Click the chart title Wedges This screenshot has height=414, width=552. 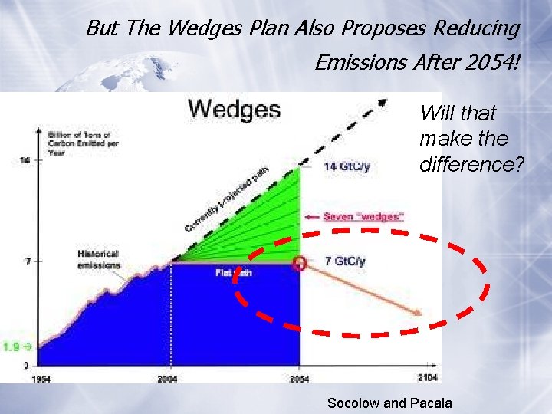[235, 109]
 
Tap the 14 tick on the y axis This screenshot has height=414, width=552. [25, 159]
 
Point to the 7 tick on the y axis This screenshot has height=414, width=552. [27, 261]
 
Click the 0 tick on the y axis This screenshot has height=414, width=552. [27, 365]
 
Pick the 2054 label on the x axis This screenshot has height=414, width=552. [299, 379]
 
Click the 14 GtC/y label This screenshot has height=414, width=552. [346, 167]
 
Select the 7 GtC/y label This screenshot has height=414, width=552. [346, 261]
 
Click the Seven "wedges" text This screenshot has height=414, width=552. [363, 217]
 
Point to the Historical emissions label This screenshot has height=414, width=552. [99, 260]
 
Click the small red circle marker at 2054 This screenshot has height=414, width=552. [299, 263]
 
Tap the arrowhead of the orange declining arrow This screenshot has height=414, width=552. [418, 313]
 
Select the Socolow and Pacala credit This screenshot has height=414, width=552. [389, 403]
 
